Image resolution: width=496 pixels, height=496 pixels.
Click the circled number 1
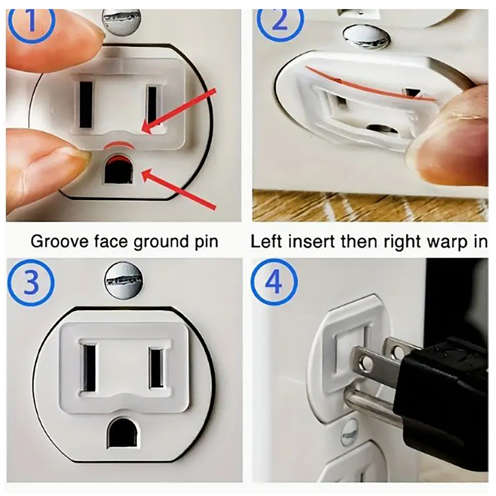[x=31, y=22]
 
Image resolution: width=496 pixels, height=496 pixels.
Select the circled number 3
[x=31, y=283]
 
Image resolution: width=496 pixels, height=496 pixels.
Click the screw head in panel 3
[x=124, y=281]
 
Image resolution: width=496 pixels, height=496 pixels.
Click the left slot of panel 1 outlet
[x=86, y=104]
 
